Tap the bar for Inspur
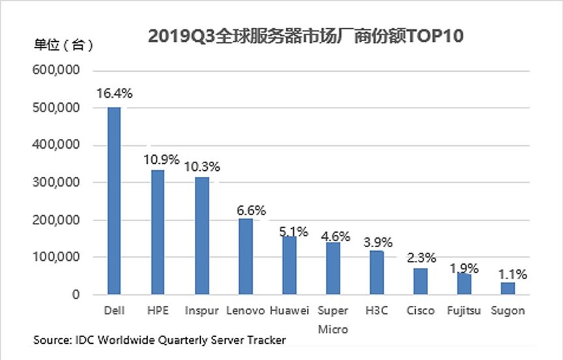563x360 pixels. point(201,236)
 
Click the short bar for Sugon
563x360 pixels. point(508,288)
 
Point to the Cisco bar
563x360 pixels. point(420,281)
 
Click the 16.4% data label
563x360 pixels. point(114,93)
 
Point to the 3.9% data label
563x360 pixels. point(377,243)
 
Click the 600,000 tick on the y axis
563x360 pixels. point(55,70)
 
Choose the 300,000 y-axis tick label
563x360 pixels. point(55,183)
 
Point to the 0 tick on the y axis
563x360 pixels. point(76,295)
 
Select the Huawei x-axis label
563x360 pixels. point(289,310)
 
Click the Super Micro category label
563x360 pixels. point(333,319)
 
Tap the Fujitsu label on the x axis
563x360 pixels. point(463,310)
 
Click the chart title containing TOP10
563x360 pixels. point(305,37)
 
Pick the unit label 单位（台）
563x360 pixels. point(63,45)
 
